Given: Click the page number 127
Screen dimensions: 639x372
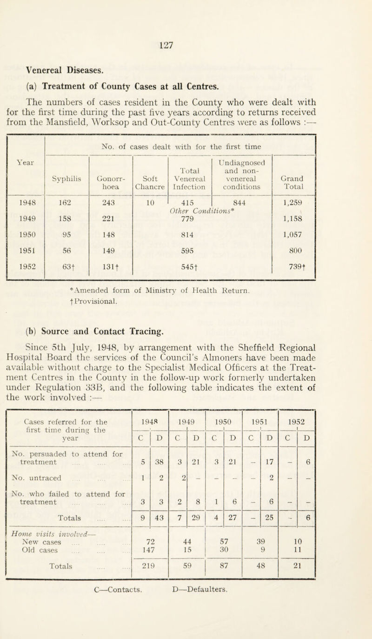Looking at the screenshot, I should point(186,46).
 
